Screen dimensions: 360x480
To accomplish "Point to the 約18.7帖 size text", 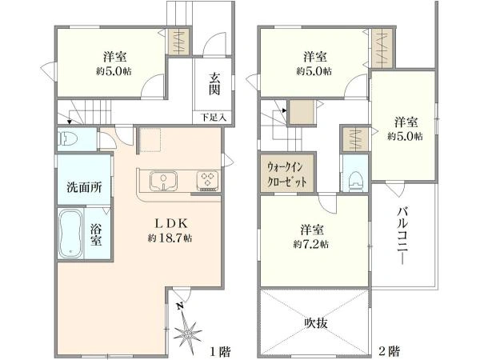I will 169,238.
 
